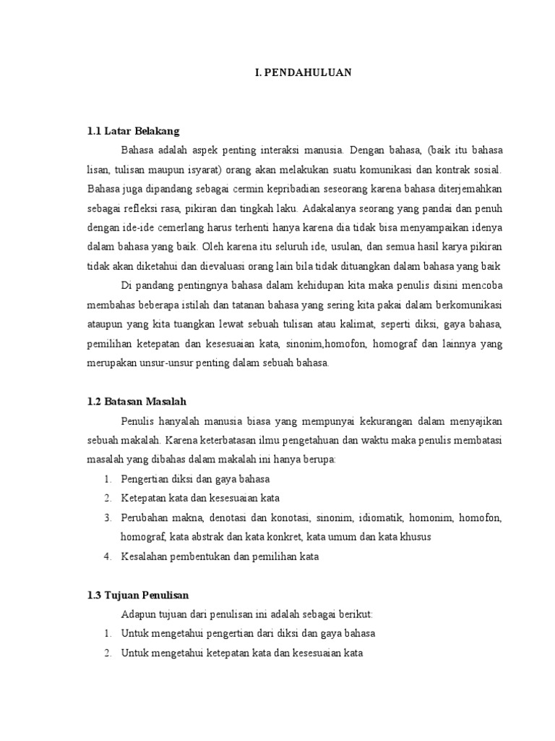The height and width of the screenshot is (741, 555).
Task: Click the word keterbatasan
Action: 243,440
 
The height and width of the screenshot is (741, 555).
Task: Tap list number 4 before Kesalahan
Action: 106,556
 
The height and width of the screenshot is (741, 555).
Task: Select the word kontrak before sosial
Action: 454,169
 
